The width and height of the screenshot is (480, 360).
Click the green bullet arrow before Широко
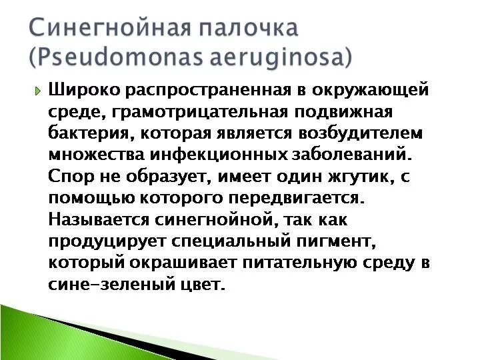tap(38, 91)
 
